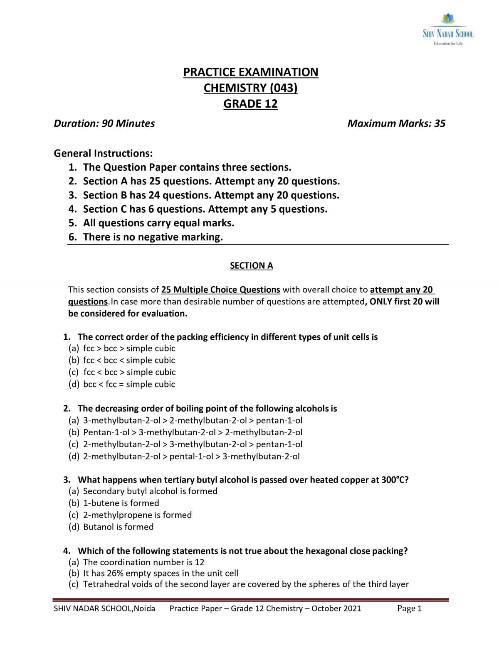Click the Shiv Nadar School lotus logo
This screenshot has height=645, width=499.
point(448,19)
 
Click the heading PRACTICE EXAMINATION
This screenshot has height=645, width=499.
point(251,72)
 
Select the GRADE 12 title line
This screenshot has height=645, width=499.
point(250,104)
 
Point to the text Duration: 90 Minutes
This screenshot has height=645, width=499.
point(104,123)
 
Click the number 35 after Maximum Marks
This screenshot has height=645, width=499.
point(440,123)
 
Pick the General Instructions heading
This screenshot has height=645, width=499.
point(104,153)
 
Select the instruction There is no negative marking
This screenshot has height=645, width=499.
point(153,237)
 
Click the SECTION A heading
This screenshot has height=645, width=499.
point(251,266)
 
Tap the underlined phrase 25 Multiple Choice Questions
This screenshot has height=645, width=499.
point(221,289)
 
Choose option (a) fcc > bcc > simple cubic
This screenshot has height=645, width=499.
point(129,348)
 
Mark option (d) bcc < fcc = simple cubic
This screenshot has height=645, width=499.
point(129,384)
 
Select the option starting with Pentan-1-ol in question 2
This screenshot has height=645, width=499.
point(193,432)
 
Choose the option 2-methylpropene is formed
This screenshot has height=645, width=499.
point(137,515)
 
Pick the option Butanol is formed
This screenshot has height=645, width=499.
point(118,527)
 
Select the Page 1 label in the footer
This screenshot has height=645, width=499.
point(409,608)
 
